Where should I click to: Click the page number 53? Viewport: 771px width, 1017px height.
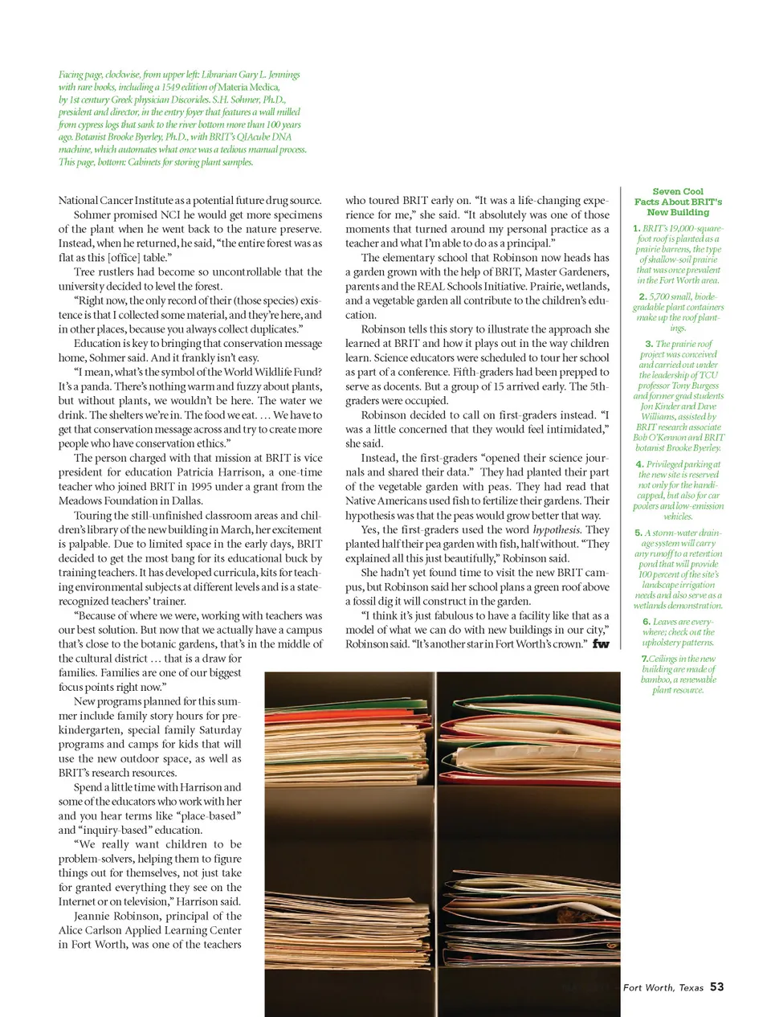(716, 986)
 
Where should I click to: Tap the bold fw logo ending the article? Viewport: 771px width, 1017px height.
(601, 643)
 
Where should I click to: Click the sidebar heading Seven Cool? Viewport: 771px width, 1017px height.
(678, 192)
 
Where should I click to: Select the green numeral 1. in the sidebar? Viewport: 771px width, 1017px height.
(636, 229)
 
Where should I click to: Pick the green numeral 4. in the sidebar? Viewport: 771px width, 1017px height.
(639, 464)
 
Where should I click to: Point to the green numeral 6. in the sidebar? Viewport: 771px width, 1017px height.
(647, 622)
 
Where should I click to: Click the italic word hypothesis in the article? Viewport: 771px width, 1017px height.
(557, 530)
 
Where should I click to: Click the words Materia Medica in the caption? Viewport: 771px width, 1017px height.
(249, 88)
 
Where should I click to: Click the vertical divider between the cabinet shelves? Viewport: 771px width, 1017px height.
(436, 835)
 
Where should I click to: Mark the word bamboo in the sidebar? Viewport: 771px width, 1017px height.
(655, 680)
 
